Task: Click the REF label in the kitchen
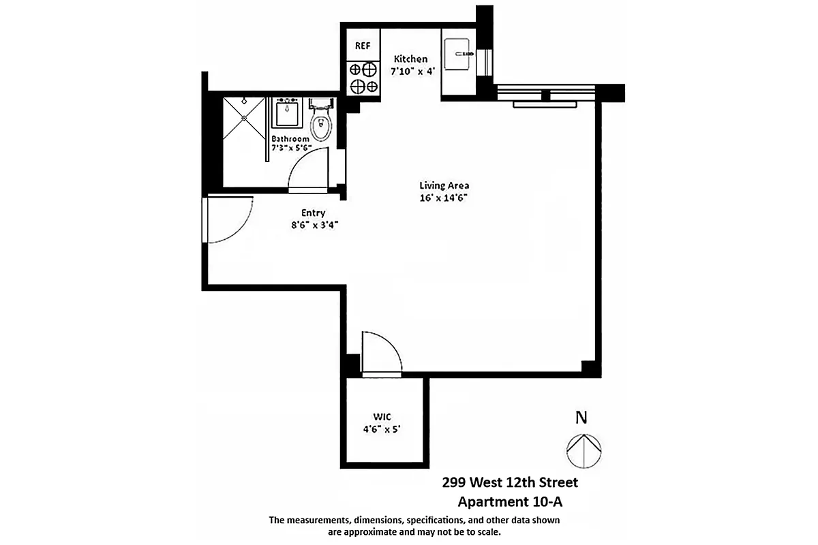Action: [x=363, y=46]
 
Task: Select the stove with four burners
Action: [x=363, y=77]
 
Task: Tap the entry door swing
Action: [x=228, y=219]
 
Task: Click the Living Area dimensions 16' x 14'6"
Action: [x=444, y=198]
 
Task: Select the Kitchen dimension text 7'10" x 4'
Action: [x=412, y=71]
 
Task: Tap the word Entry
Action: [x=314, y=213]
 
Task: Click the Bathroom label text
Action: [x=290, y=138]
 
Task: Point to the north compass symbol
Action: [x=584, y=450]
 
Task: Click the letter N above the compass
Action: [x=581, y=418]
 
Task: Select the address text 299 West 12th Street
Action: [x=509, y=483]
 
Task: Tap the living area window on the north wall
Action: [x=545, y=95]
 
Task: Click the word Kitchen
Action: [x=410, y=59]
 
